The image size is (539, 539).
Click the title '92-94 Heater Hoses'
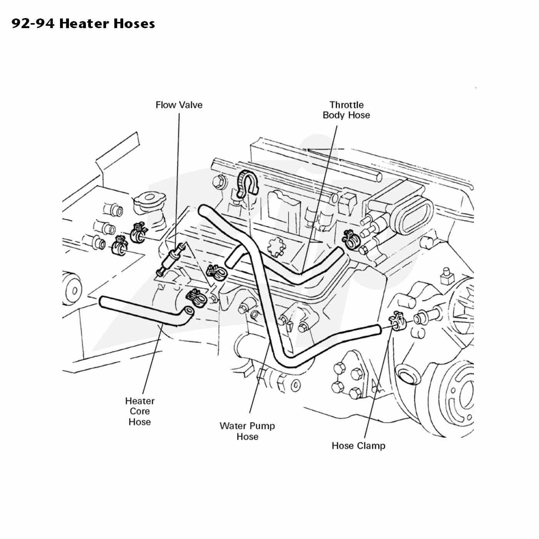coord(84,23)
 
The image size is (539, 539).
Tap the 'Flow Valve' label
coord(179,105)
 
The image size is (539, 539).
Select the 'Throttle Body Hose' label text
coord(346,110)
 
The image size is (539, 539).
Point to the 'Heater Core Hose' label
coord(140,411)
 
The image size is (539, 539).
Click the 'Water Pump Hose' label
coord(247,431)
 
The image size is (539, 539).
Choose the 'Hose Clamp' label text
coord(358,445)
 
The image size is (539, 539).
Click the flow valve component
coord(171,259)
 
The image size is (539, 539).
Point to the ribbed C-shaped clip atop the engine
coord(247,183)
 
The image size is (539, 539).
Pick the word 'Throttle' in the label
coord(346,105)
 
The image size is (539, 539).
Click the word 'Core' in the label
coord(140,411)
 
